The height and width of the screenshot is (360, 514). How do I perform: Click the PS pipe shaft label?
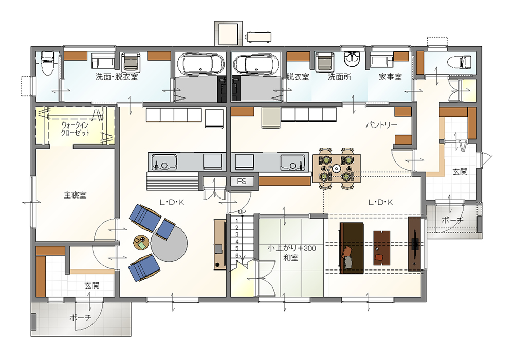pos(242,182)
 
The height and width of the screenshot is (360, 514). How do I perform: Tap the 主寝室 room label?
pos(75,195)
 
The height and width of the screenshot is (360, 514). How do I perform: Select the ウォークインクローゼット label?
pos(76,129)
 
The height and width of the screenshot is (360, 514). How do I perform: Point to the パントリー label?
pos(381,125)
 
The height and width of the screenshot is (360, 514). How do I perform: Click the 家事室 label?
pos(390,77)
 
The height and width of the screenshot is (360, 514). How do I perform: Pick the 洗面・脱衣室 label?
pos(116,77)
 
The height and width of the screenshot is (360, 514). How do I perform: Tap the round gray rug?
pos(169,243)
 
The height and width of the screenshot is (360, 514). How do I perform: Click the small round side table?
pos(141,243)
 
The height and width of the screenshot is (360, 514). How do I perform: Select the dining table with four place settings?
pos(336,169)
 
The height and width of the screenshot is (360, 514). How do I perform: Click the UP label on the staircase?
pos(242,212)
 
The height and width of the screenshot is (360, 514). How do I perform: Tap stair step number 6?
pos(237,256)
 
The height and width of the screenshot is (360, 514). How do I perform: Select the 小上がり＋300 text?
pos(291,248)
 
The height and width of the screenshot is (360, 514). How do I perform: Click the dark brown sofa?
pos(352,248)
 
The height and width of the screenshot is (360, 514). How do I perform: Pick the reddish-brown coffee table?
pos(381,248)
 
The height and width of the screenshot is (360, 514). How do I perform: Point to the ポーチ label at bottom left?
pos(80,317)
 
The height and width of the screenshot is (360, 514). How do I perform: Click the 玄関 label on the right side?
pos(460,171)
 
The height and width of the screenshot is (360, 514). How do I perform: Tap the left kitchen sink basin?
pos(164,162)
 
